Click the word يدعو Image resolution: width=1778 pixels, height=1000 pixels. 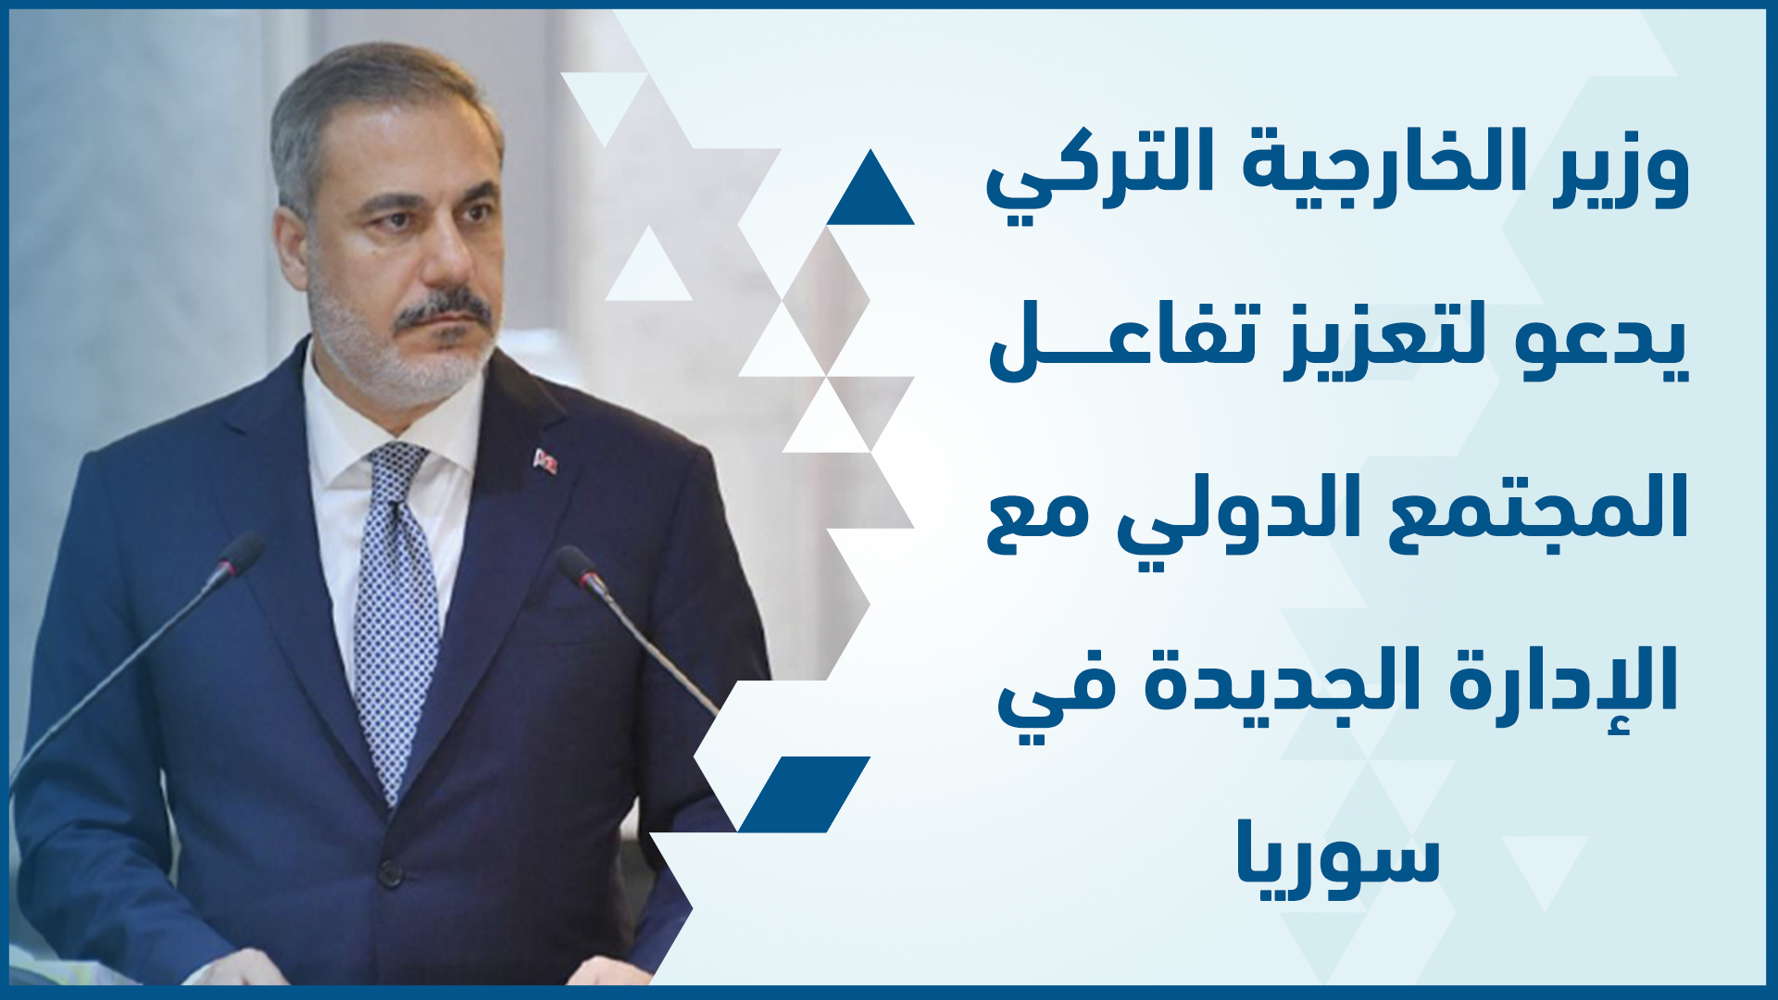[x=1601, y=343]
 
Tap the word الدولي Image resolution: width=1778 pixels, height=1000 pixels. [x=1236, y=514]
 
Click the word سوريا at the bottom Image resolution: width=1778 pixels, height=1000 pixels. [x=1339, y=856]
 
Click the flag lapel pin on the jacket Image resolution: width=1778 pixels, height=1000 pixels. [x=545, y=460]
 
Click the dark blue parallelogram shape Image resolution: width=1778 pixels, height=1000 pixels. [x=804, y=794]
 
